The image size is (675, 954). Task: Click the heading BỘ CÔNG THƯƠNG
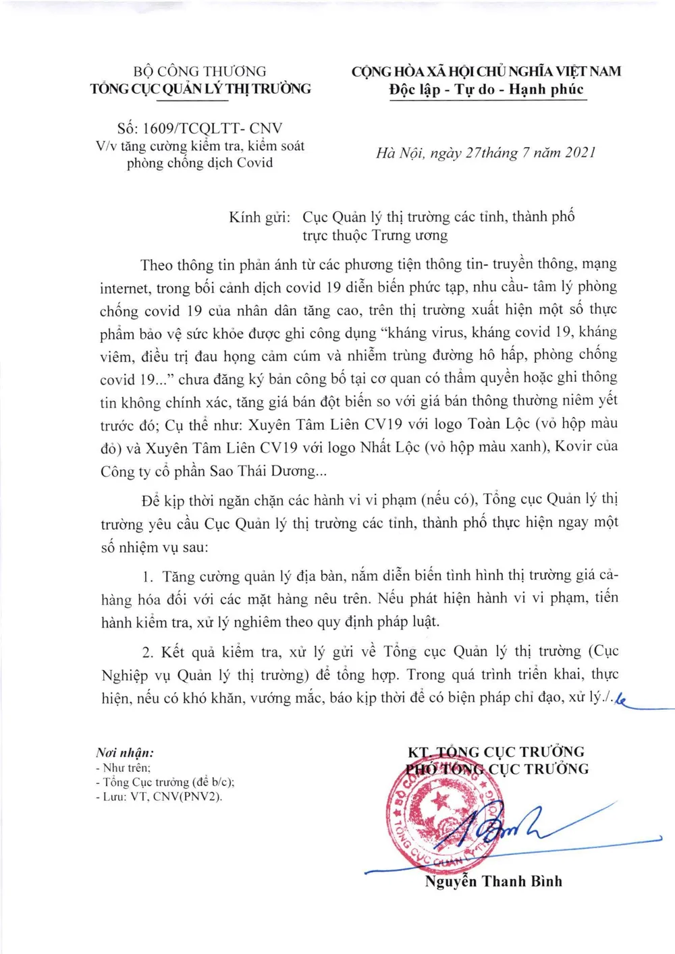200,71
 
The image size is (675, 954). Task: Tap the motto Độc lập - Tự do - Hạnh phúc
487,90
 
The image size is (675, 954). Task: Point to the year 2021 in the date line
580,152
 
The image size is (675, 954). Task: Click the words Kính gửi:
259,217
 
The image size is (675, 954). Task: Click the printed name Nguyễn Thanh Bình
493,881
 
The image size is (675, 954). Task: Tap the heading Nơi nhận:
125,752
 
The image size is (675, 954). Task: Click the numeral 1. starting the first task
148,577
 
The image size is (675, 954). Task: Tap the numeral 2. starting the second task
148,652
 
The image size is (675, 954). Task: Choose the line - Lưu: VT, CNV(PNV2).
159,797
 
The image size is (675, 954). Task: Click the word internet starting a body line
124,288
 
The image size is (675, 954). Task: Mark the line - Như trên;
123,768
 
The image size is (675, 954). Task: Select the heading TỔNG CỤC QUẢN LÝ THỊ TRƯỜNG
200,88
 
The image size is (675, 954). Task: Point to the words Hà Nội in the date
398,153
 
